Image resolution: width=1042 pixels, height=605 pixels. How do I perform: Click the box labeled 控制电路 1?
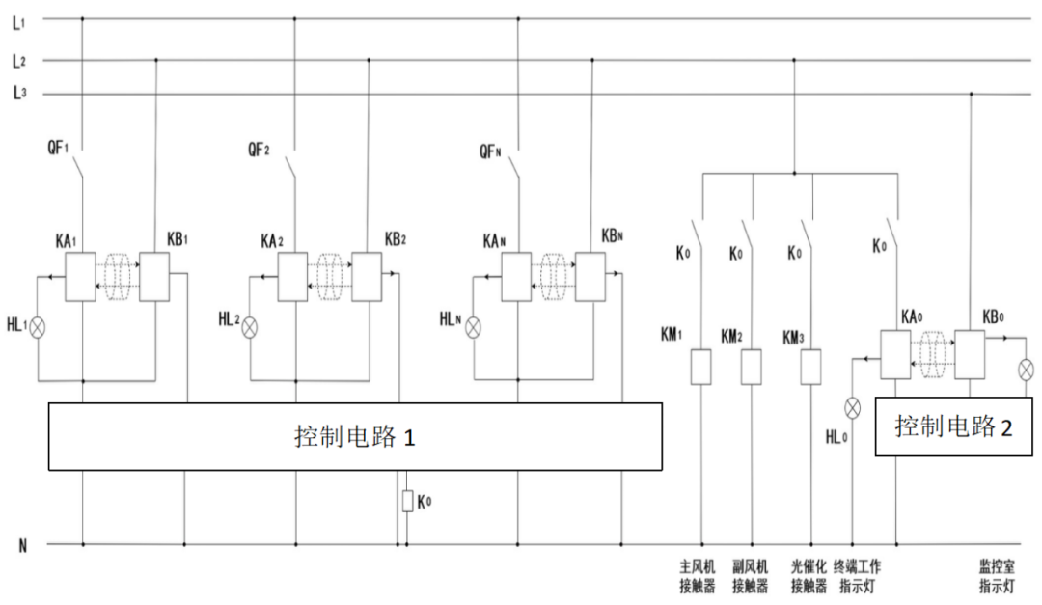click(355, 436)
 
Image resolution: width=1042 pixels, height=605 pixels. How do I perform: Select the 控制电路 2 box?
click(953, 425)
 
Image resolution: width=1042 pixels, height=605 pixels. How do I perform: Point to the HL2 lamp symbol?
click(250, 326)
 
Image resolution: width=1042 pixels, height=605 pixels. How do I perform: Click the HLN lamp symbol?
click(473, 327)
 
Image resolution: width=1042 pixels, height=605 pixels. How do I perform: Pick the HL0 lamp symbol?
click(852, 408)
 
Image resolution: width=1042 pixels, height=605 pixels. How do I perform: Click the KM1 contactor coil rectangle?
click(701, 366)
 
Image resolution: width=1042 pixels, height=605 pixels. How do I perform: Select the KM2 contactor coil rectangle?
click(751, 366)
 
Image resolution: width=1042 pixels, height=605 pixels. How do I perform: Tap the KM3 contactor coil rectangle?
click(811, 366)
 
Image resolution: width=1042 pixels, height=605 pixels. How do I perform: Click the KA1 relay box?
click(80, 277)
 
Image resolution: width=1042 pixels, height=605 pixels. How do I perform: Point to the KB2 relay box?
click(367, 277)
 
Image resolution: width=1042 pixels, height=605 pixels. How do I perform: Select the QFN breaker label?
click(490, 150)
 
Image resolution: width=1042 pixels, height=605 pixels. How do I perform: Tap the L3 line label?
click(18, 94)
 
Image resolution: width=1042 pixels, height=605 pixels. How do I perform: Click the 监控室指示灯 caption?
click(999, 575)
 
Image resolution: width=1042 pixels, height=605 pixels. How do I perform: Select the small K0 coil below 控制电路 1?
click(408, 501)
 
